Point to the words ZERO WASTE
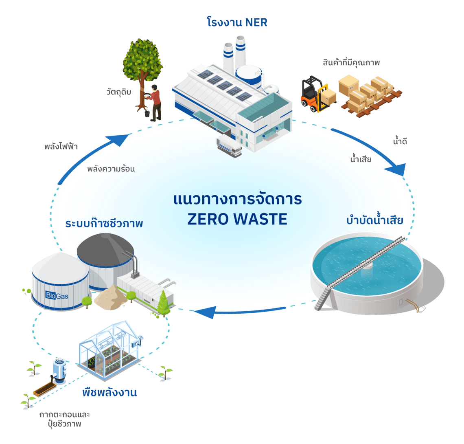[237, 219]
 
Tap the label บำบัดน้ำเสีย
[375, 221]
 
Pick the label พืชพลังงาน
[109, 393]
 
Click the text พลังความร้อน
[111, 169]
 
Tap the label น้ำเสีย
[361, 159]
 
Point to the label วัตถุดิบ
[118, 92]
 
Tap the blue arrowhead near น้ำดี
[399, 169]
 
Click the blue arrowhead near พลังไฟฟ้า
[118, 139]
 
